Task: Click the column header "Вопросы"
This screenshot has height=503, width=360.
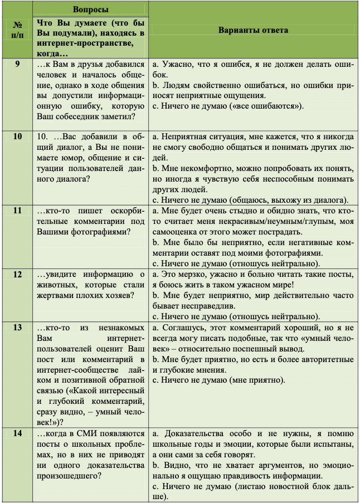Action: tap(90, 10)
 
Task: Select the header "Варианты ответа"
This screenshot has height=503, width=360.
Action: tap(253, 31)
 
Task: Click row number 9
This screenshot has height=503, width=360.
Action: tap(17, 64)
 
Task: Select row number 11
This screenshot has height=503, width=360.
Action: tap(17, 211)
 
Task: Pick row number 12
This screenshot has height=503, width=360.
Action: tap(17, 274)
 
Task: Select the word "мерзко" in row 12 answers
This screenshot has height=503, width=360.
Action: tap(190, 275)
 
